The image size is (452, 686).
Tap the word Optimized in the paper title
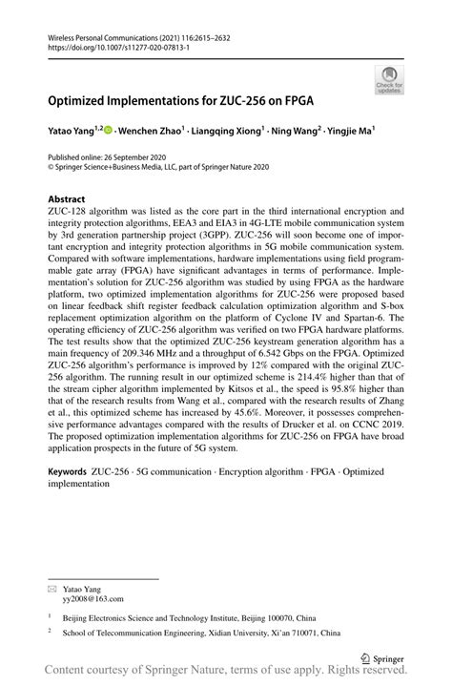[x=80, y=98]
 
